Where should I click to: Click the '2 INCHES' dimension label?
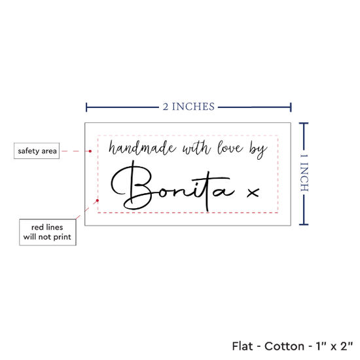coord(189,107)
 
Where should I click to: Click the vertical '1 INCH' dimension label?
coord(304,173)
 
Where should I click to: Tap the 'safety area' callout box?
coord(37,151)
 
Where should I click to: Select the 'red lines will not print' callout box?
coord(48,232)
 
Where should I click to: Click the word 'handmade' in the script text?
coord(142,147)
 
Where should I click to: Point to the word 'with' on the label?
coord(196,147)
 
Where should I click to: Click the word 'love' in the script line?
coord(230,147)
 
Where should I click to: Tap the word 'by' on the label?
coord(259,150)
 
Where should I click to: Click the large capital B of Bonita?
coord(132,186)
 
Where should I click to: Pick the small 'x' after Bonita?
coord(253,193)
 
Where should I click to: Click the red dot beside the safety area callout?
coord(90,151)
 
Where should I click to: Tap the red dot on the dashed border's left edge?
coord(98,200)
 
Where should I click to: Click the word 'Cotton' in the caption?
coord(284,346)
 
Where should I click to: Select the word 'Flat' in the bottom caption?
coord(242,346)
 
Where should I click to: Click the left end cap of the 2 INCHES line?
coord(86,107)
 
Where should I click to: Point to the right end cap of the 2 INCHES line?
coord(291,107)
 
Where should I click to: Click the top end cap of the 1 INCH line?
coord(304,124)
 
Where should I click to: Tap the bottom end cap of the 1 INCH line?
coord(304,225)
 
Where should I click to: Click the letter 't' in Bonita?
coord(207,190)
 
